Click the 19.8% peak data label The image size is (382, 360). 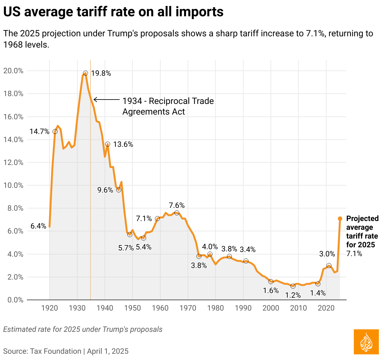tap(101, 74)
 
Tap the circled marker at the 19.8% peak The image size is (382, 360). tap(85, 73)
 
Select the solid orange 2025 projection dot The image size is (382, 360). tap(340, 219)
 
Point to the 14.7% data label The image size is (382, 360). tap(39, 131)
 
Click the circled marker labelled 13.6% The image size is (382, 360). tap(108, 144)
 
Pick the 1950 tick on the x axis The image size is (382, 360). tap(132, 308)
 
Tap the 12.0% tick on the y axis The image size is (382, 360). tap(13, 162)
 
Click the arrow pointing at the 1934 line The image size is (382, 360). tap(106, 100)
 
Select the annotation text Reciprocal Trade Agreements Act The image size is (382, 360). tap(168, 106)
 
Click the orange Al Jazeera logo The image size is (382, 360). tap(366, 342)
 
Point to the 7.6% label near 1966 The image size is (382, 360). tap(177, 206)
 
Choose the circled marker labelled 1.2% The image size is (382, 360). tap(293, 286)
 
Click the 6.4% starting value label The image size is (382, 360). tap(38, 226)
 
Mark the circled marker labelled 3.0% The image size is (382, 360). tap(329, 265)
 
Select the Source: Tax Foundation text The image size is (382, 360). tap(42, 351)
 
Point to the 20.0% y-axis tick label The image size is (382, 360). tap(13, 71)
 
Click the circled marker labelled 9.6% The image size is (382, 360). tap(119, 190)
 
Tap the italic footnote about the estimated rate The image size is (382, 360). tap(83, 329)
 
